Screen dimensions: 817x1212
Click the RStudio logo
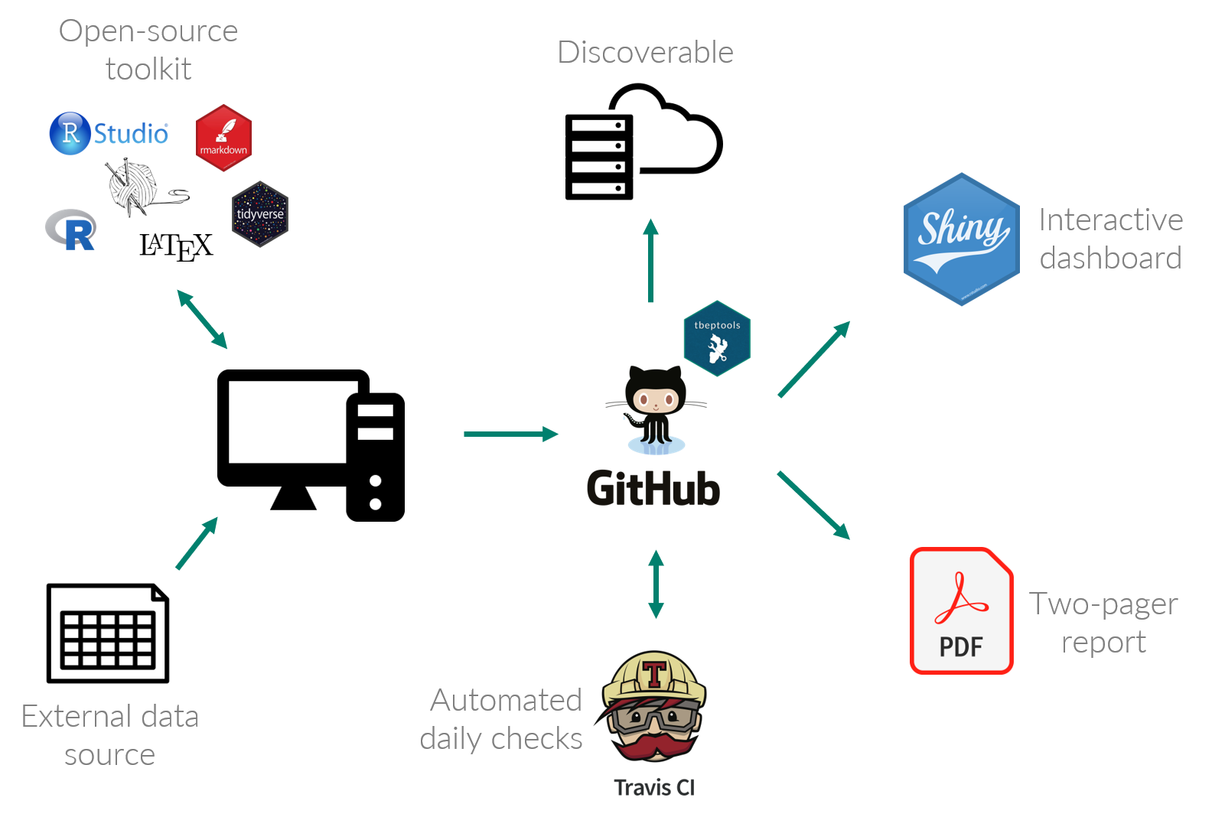pyautogui.click(x=109, y=134)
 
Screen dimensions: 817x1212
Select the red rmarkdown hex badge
pyautogui.click(x=223, y=138)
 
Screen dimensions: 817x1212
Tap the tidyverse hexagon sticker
pyautogui.click(x=260, y=214)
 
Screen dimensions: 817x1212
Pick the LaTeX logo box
pyautogui.click(x=177, y=246)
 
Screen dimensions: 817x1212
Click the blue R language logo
pyautogui.click(x=71, y=229)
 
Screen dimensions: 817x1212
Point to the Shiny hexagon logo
pyautogui.click(x=962, y=239)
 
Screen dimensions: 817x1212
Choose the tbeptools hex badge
pyautogui.click(x=717, y=339)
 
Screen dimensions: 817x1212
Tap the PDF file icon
pyautogui.click(x=962, y=610)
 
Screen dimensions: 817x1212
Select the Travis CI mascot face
pyautogui.click(x=654, y=708)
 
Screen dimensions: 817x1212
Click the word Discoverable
pyautogui.click(x=645, y=53)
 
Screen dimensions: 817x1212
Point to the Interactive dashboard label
pyautogui.click(x=1111, y=239)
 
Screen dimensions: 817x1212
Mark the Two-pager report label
pyautogui.click(x=1103, y=623)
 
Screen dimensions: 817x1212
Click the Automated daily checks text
pyautogui.click(x=502, y=719)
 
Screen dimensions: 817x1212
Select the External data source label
pyautogui.click(x=110, y=735)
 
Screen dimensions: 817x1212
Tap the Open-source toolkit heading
pyautogui.click(x=148, y=50)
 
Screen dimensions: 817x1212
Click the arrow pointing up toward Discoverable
pyautogui.click(x=650, y=261)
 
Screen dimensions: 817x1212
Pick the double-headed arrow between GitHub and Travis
pyautogui.click(x=656, y=584)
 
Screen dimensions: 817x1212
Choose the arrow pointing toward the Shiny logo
pyautogui.click(x=814, y=360)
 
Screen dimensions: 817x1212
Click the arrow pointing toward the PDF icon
pyautogui.click(x=813, y=506)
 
